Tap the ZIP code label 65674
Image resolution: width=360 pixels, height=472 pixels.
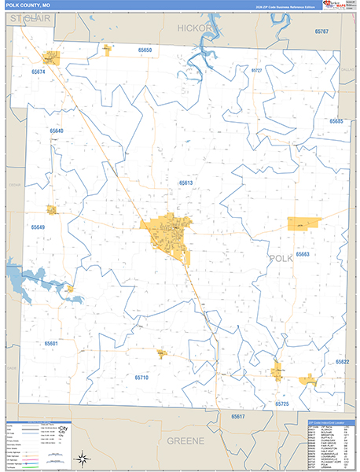pos(38,72)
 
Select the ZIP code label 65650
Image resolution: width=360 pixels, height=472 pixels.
pos(145,50)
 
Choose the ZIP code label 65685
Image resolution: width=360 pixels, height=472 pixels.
pos(336,121)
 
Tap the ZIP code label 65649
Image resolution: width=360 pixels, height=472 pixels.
pos(39,227)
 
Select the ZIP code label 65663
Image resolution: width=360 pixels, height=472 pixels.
pos(303,254)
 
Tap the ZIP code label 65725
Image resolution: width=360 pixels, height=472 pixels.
pos(282,404)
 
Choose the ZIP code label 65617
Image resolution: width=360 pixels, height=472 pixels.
pos(238,415)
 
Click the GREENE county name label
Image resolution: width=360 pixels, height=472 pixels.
pos(186,441)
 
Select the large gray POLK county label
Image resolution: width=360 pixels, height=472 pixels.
pos(281,258)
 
